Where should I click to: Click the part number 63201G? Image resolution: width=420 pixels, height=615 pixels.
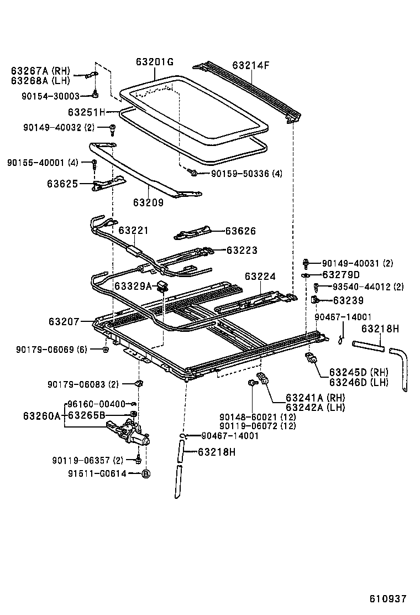(x=155, y=62)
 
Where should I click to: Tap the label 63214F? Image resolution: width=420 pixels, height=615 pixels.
(x=251, y=65)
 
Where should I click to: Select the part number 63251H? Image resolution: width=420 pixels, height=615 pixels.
(x=86, y=112)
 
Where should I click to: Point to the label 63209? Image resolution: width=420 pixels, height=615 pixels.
(x=148, y=202)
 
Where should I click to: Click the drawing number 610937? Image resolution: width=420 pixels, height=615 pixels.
(x=388, y=598)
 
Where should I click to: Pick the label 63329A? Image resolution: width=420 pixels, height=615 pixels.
(x=133, y=286)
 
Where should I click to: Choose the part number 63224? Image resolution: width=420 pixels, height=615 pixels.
(x=260, y=276)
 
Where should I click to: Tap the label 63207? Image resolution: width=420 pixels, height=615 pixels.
(x=64, y=321)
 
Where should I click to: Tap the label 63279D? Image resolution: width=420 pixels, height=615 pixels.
(x=341, y=275)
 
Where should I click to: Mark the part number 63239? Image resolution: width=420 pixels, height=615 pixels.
(x=348, y=300)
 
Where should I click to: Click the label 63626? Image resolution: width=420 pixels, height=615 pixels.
(x=241, y=231)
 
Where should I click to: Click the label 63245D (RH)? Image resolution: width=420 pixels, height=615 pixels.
(x=359, y=372)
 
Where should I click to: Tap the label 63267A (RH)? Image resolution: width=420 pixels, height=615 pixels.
(x=40, y=71)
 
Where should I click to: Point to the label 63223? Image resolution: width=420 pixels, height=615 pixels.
(x=242, y=250)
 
